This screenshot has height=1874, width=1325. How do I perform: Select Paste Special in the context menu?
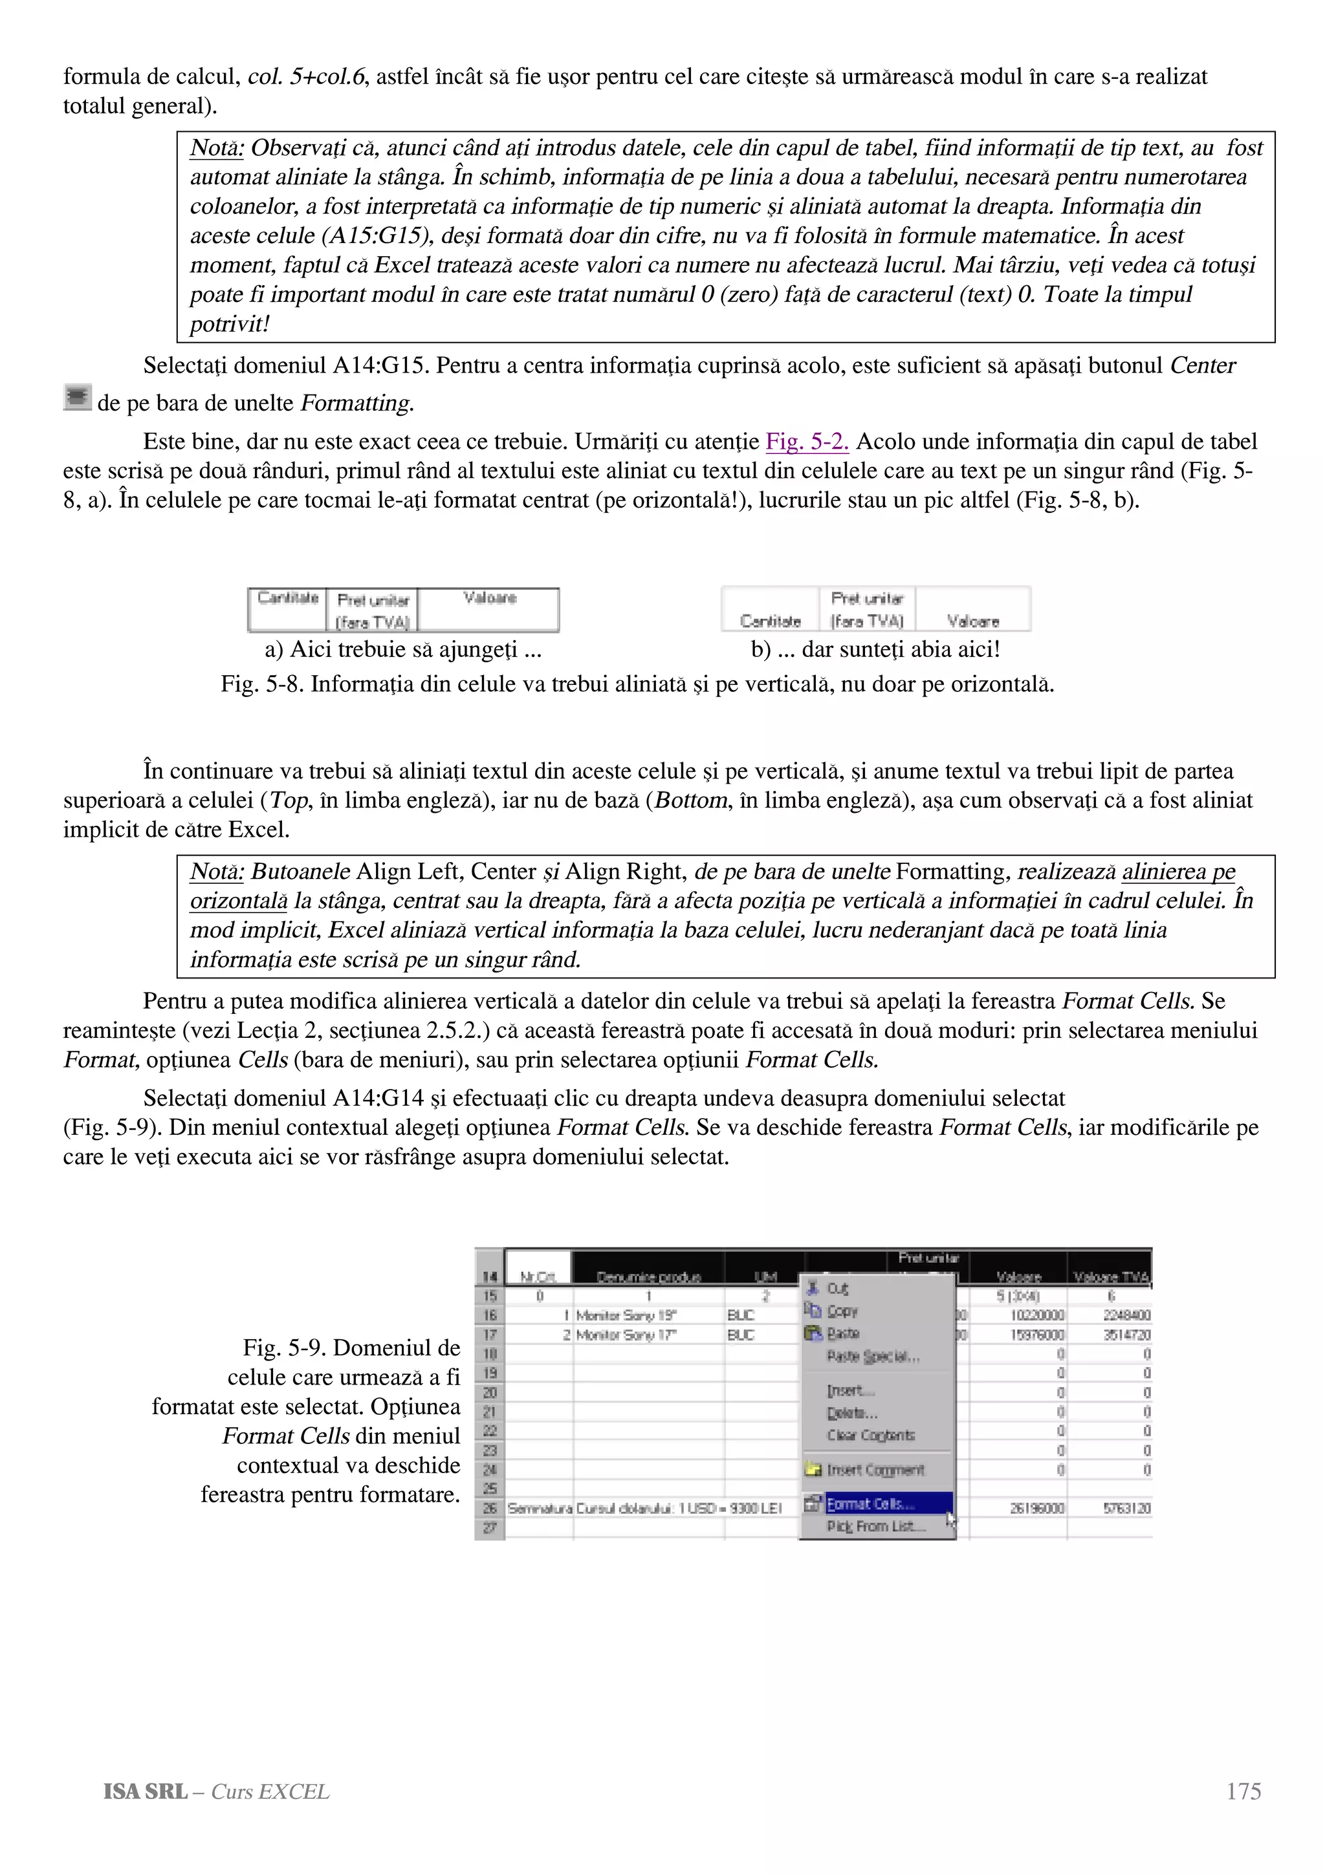[x=873, y=1357]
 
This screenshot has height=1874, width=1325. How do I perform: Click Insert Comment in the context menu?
[x=875, y=1470]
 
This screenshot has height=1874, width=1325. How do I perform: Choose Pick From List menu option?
[x=875, y=1526]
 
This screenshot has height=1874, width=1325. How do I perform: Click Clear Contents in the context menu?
[x=870, y=1435]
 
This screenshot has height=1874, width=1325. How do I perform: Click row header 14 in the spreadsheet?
[x=489, y=1276]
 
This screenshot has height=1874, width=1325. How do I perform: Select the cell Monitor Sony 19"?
[x=626, y=1315]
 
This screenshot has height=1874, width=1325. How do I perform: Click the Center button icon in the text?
[x=77, y=398]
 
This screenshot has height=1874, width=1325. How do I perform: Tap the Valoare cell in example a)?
[x=489, y=598]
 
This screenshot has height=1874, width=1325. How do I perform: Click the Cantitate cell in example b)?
[x=770, y=621]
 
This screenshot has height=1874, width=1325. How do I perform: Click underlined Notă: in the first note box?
[x=216, y=147]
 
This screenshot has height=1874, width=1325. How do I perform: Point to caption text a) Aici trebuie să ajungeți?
[x=402, y=650]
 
